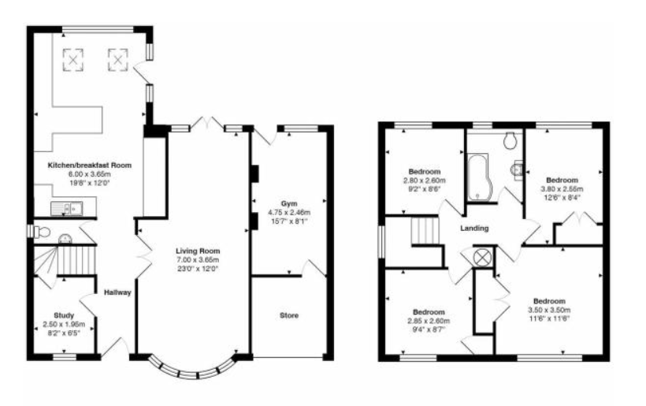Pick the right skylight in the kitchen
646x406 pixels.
click(118, 58)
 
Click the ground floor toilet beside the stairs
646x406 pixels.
click(43, 232)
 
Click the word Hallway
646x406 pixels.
click(117, 293)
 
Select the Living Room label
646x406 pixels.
click(196, 251)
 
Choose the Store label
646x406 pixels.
click(289, 316)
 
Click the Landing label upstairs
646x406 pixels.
click(475, 229)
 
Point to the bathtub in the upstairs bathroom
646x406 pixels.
click(477, 178)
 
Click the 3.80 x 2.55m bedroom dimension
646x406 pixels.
click(563, 189)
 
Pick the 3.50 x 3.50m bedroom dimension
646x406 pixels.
click(548, 311)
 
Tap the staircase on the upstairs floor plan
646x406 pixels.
click(423, 234)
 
